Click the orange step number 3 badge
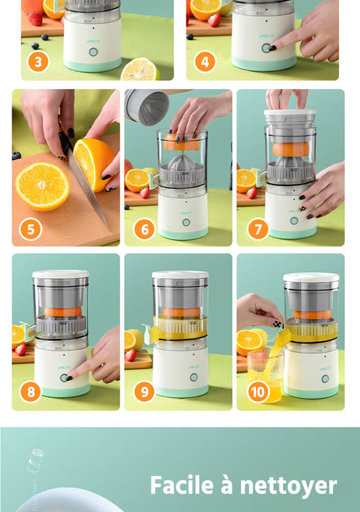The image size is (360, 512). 38,61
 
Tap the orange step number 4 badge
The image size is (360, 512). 205,61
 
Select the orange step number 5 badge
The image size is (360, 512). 30,229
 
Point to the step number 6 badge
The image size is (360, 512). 145,229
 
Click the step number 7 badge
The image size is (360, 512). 258,229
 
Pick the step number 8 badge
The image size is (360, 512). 30,392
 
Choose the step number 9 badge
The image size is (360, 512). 145,392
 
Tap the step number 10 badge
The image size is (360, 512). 258,392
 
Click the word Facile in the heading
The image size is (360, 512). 182,485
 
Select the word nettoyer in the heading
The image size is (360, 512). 288,486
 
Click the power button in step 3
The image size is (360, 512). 93,52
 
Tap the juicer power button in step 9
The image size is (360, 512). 194,378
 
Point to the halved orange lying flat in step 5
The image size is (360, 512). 43,186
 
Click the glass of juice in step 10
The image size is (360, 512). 265,375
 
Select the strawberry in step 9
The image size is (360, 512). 130,355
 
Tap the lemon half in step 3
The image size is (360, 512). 140,69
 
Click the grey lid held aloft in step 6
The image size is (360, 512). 147,107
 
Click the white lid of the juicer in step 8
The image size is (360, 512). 61,274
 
